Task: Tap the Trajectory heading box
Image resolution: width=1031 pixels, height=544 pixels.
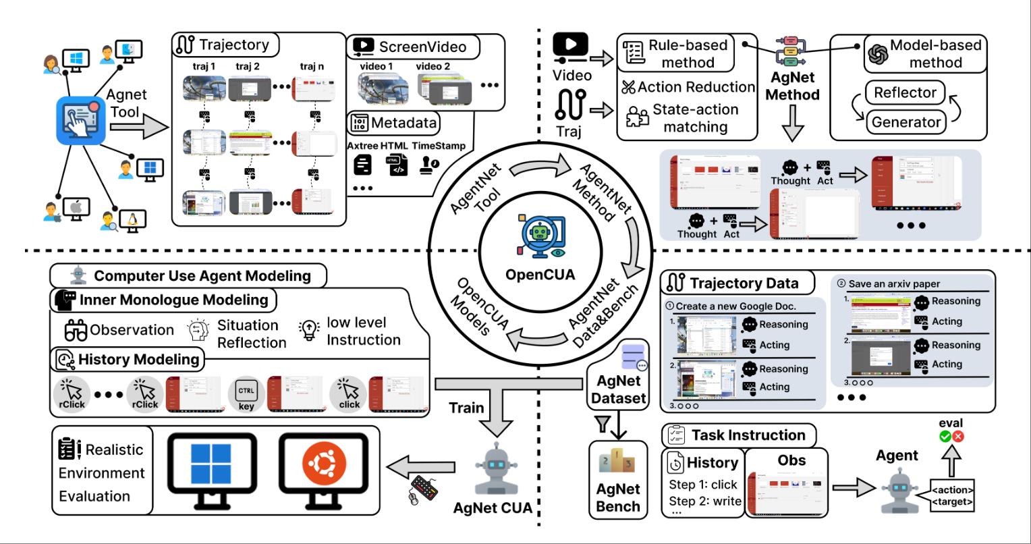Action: [x=225, y=45]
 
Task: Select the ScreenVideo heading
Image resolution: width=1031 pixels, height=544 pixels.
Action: [x=414, y=47]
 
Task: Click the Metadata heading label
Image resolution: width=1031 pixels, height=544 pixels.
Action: [x=395, y=124]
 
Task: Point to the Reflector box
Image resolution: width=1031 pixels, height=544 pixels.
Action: [x=905, y=92]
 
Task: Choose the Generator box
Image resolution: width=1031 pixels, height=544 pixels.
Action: [x=906, y=122]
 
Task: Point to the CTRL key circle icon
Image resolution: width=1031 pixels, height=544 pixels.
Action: [x=246, y=394]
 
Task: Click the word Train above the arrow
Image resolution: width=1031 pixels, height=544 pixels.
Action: [x=467, y=408]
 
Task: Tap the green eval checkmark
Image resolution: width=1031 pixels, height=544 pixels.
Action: [x=945, y=437]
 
